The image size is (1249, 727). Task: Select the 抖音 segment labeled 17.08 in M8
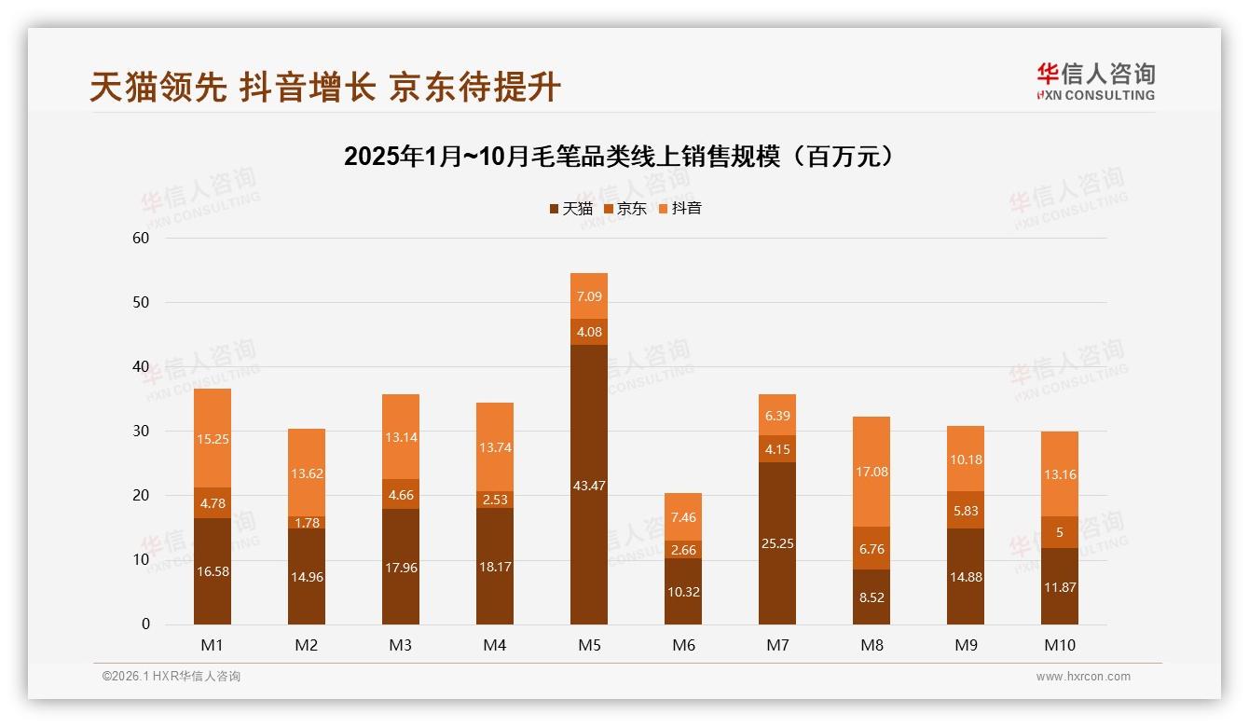point(872,472)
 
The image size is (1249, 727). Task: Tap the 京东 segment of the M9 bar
point(966,510)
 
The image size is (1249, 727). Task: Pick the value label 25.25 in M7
point(777,543)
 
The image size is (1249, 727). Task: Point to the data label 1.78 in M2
point(307,523)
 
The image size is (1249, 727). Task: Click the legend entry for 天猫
point(570,208)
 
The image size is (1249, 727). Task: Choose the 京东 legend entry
point(624,208)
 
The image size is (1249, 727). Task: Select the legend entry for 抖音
point(679,208)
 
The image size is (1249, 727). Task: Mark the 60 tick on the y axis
point(141,238)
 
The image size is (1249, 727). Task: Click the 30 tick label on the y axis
point(141,431)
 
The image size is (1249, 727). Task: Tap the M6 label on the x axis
point(683,645)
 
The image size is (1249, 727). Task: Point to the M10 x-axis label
point(1060,645)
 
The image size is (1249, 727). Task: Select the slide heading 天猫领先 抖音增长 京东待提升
point(325,87)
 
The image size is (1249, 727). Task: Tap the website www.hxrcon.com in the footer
point(1083,677)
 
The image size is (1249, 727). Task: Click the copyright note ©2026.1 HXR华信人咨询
point(172,677)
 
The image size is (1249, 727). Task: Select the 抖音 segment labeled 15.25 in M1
point(213,438)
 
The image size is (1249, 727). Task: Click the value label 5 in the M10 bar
point(1060,532)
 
